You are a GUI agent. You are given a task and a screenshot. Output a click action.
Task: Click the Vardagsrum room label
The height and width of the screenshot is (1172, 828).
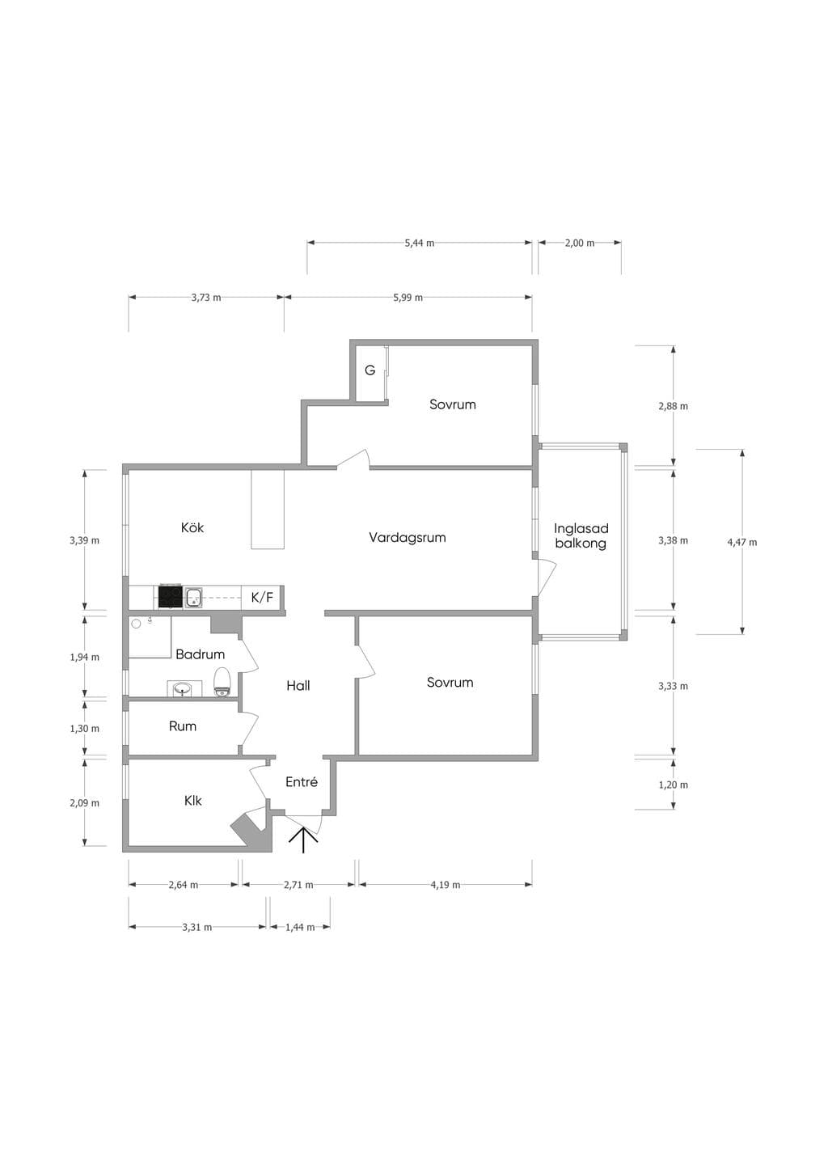point(407,537)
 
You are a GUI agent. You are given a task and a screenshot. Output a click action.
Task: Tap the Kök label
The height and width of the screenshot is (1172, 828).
point(192,527)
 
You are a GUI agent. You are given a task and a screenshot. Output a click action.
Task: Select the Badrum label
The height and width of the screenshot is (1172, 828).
point(200,654)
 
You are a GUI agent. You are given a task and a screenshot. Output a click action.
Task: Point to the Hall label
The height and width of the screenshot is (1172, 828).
point(298,685)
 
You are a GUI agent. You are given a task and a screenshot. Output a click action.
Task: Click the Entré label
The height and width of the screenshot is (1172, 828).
point(302,781)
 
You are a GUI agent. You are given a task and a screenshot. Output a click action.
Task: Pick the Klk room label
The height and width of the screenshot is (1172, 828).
point(192,801)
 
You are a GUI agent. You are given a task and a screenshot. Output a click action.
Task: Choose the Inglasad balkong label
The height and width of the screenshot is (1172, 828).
point(581,535)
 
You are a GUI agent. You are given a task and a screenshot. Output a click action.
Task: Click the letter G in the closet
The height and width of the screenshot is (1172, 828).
point(370,370)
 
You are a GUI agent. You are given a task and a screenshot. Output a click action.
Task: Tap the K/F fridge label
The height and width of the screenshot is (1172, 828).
point(262,598)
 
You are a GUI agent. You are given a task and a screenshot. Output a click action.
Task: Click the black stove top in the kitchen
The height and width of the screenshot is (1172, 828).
point(171,597)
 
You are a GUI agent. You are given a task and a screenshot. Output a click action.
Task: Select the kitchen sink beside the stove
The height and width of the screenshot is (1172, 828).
point(194,597)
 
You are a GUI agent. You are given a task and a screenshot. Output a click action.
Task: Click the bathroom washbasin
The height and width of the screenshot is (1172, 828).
point(182,689)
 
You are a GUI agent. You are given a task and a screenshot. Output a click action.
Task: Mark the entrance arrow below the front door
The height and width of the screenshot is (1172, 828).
point(303,840)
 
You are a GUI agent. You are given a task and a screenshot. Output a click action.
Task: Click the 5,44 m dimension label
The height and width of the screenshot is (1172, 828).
point(420,243)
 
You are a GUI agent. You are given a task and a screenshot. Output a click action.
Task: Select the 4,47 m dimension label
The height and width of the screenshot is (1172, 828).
point(741,542)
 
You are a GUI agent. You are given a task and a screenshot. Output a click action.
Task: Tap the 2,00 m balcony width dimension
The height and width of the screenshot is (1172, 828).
point(580,243)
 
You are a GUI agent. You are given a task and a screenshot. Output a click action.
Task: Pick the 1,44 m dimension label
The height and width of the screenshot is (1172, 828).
point(300,927)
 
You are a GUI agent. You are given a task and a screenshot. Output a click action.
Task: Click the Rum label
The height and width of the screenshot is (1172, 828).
point(183,726)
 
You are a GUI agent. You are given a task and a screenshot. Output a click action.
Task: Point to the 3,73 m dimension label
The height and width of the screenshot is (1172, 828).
point(206,298)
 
